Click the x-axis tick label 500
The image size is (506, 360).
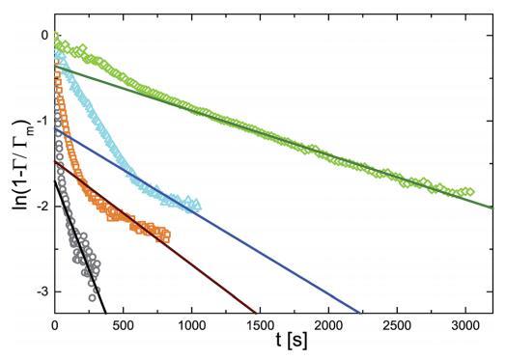tap(124, 326)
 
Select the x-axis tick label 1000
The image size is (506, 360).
tap(192, 326)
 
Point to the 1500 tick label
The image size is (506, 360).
tap(260, 326)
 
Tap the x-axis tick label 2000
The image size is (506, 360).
tap(328, 326)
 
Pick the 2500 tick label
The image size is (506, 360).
tap(397, 326)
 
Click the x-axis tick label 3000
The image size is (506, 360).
tap(465, 326)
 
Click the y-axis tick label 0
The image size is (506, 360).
tap(44, 35)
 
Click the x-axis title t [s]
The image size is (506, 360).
tap(292, 341)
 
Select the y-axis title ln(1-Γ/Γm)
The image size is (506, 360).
tap(22, 164)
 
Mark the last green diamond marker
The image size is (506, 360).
tap(470, 192)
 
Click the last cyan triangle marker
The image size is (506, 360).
tap(197, 205)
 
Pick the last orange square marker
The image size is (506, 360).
tap(166, 235)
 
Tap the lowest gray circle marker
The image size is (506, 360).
tap(93, 297)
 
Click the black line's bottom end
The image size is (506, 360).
tap(105, 313)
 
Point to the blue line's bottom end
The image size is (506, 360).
tap(359, 313)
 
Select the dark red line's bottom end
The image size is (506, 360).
tap(256, 313)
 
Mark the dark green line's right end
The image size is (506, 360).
tap(492, 208)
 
